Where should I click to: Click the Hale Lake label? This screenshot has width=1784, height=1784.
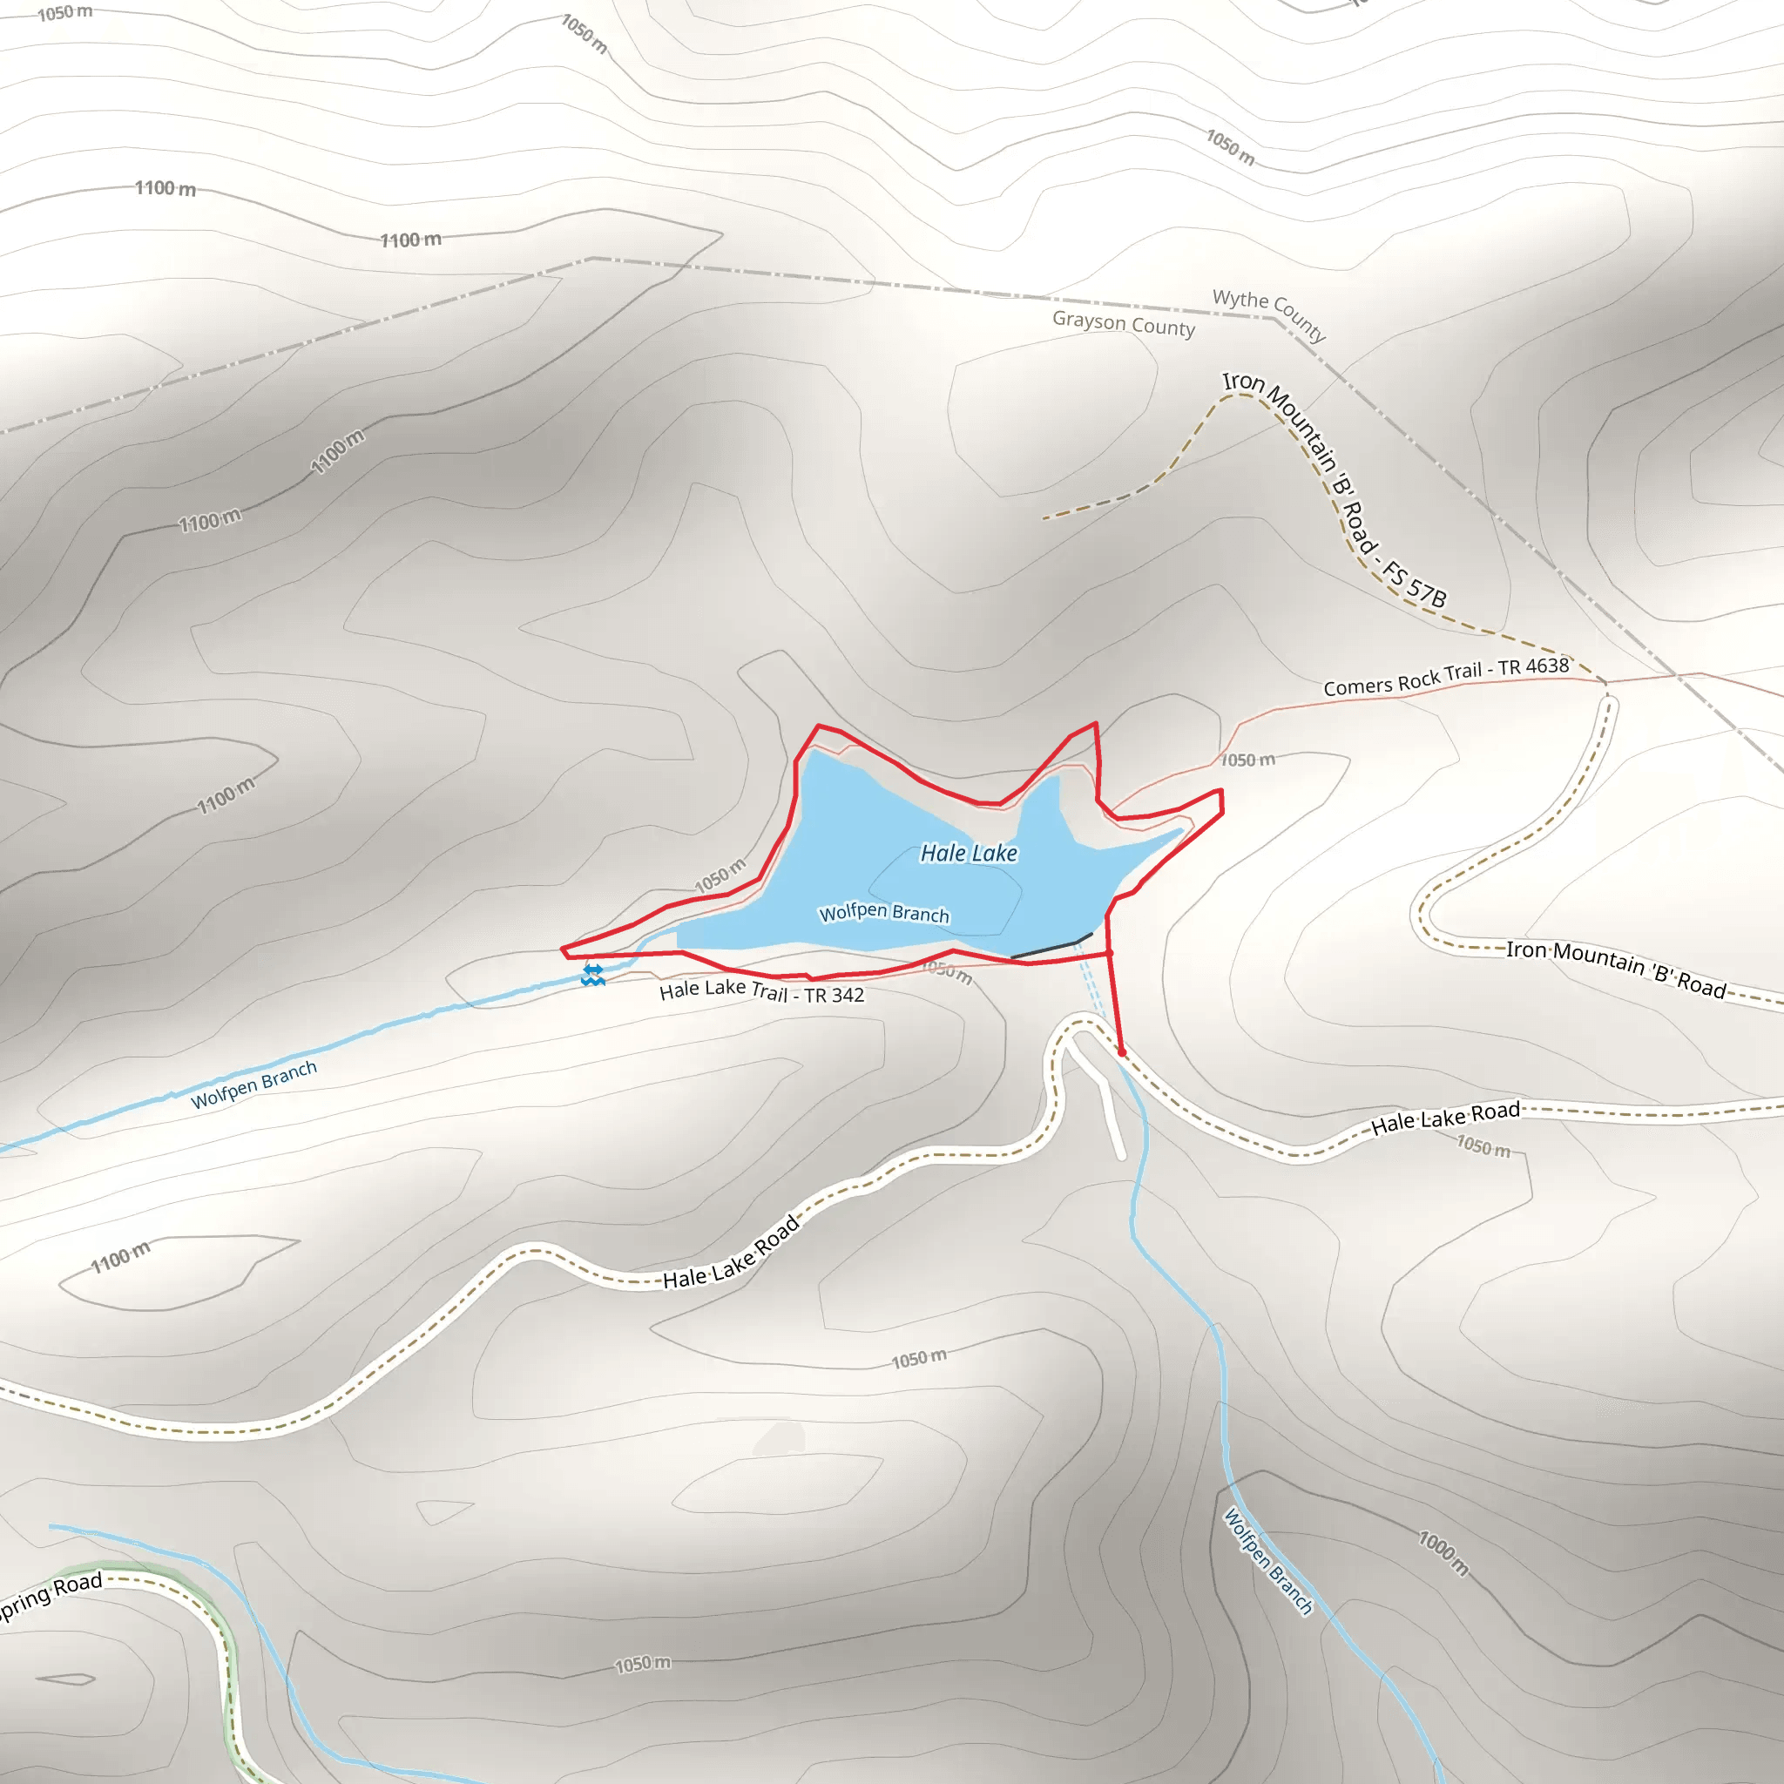[x=969, y=853]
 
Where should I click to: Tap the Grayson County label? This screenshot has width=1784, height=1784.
[x=1123, y=324]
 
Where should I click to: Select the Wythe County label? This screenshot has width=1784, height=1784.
[x=1270, y=314]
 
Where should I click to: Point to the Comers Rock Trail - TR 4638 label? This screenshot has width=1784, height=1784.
[x=1446, y=677]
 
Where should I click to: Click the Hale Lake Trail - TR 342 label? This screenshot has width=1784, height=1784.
[x=762, y=993]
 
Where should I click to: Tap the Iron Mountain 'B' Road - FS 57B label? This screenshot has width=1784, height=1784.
[x=1335, y=490]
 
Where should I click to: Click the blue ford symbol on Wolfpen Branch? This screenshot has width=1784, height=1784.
[x=593, y=975]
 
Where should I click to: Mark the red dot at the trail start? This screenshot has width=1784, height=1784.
[x=1122, y=1051]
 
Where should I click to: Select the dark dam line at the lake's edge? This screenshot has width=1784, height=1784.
[x=1051, y=948]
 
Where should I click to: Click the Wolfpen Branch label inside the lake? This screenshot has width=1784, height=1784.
[x=883, y=913]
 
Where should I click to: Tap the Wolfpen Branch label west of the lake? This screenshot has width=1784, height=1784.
[x=254, y=1085]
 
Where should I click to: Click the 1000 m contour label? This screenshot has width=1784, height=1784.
[x=1443, y=1553]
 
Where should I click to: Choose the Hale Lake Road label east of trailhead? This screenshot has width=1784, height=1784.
[x=1445, y=1118]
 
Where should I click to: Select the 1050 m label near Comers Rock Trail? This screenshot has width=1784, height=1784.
[x=1247, y=760]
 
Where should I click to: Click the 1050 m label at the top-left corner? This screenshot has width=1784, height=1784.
[x=64, y=13]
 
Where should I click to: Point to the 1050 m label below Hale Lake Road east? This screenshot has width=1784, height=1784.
[x=1483, y=1146]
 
